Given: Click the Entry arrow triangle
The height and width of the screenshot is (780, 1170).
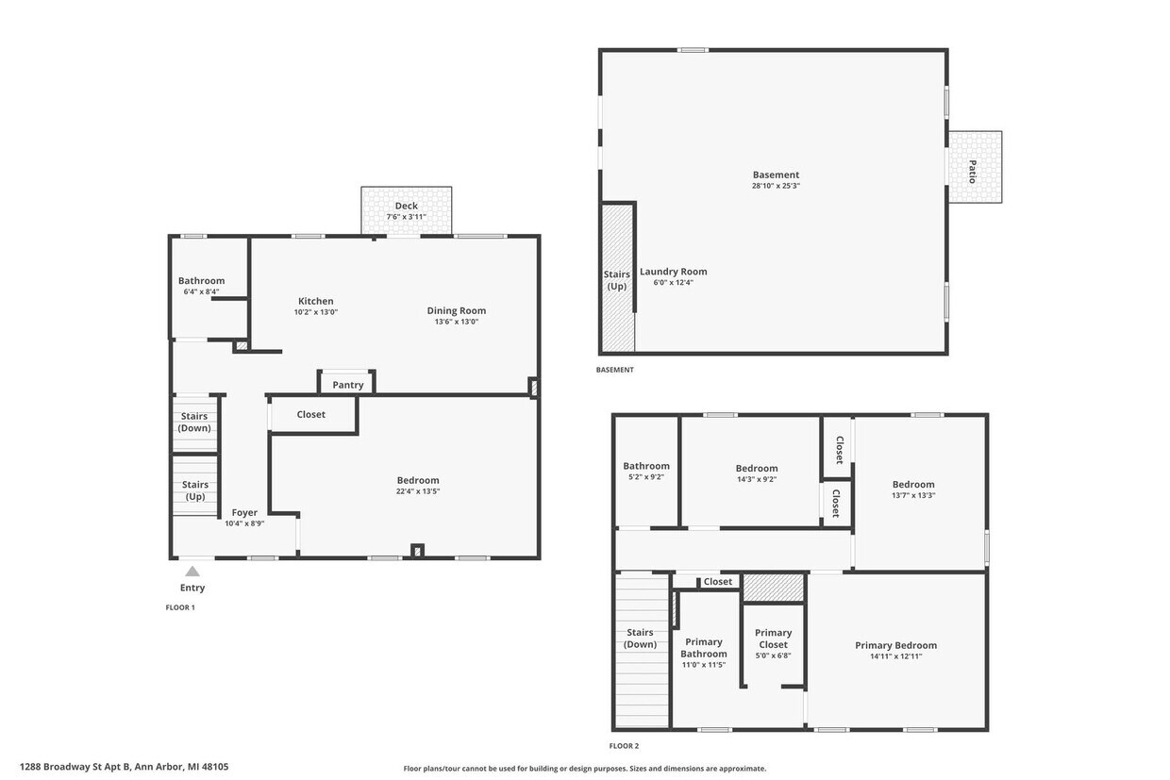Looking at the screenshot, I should coord(192,571).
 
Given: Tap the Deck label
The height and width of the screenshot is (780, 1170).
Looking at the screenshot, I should coord(406,206).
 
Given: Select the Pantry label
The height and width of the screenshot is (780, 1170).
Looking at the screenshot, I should coord(347,385).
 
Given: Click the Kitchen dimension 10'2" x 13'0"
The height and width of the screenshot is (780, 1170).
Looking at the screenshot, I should coord(315,312).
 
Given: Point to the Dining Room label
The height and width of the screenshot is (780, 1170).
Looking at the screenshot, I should coord(456,310).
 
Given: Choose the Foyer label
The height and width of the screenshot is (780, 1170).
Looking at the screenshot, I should coord(244,512).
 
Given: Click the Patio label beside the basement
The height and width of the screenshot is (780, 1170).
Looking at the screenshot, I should coord(973,171).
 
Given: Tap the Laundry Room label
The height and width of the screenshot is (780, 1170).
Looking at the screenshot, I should coord(673,272).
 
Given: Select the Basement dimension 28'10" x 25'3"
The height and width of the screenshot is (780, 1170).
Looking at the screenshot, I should coord(776,186).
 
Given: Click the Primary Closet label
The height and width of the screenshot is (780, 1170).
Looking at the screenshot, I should coord(773,639).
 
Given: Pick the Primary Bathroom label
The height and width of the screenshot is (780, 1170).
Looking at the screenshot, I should coord(704,648).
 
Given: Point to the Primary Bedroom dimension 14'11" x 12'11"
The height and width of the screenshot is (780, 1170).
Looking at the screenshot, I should coord(895,656).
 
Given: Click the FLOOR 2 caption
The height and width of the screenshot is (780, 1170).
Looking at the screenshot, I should coord(625,746).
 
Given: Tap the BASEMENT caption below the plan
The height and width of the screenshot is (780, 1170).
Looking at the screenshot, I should coord(615,370).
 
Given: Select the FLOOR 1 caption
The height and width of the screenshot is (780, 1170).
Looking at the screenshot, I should coord(180,607).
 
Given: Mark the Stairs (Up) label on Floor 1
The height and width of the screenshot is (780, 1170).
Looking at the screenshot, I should coord(195,490).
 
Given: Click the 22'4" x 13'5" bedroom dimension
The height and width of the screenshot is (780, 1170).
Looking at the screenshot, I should coord(418,491).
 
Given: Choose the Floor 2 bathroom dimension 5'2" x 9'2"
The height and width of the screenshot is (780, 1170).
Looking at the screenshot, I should coord(645,477).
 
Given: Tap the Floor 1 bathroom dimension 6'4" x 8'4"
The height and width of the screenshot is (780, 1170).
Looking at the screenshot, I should coord(201,291).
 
